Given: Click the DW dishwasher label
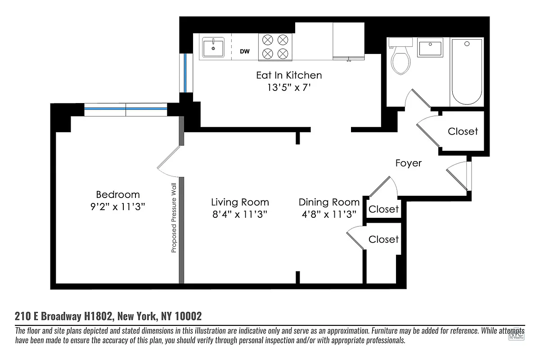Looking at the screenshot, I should [x=244, y=52].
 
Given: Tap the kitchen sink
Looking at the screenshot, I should [x=213, y=47].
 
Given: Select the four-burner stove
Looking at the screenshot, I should [x=275, y=47].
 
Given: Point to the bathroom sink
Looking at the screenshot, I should [x=430, y=47].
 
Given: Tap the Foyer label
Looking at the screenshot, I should [x=408, y=163].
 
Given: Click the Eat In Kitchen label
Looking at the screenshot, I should [x=289, y=75].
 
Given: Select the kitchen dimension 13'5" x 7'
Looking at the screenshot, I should [x=289, y=87].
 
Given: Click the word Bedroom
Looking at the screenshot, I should [x=118, y=194].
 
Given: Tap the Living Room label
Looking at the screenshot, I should [x=240, y=202].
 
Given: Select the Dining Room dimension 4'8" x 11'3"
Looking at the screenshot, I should [x=329, y=214].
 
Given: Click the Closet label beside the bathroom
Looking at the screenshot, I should [x=463, y=131].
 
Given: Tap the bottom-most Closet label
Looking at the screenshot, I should [x=383, y=239].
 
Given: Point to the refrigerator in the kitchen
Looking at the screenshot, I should [x=348, y=41].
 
